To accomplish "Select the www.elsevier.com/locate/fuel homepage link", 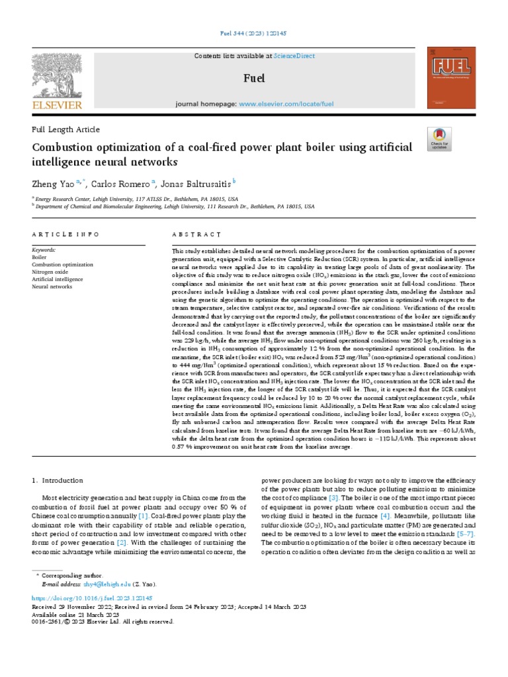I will (x=286, y=104).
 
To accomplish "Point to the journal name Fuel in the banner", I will (x=253, y=79).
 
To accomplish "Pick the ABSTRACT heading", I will (x=196, y=235).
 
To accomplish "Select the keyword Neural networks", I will (x=52, y=286).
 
